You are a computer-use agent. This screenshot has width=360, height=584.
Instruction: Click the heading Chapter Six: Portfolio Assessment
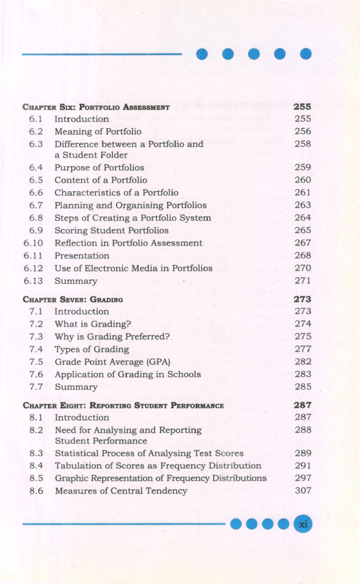(96, 107)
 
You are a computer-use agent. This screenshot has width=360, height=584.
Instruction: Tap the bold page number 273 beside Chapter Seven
(302, 299)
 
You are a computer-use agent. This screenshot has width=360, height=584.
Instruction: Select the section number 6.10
(33, 243)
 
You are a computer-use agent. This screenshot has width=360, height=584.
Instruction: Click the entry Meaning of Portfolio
(98, 131)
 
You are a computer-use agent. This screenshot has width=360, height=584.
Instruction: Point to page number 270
(303, 268)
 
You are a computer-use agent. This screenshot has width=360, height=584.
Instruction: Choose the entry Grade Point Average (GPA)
(112, 362)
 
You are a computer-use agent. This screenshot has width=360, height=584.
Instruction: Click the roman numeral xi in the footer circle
(303, 524)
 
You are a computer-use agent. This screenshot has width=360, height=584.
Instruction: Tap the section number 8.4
(36, 466)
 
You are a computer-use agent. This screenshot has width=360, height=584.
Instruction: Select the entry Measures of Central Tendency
(121, 491)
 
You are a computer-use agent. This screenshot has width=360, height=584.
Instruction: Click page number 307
(303, 490)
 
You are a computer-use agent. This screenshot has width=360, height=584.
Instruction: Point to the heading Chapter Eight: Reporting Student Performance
(123, 406)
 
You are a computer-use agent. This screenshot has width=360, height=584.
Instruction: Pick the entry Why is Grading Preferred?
(112, 337)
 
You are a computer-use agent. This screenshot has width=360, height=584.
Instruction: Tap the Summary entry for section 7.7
(76, 387)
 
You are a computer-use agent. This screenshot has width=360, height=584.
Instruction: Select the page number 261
(303, 192)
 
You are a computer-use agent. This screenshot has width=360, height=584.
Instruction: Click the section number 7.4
(36, 349)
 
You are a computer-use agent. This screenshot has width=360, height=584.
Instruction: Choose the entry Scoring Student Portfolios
(111, 230)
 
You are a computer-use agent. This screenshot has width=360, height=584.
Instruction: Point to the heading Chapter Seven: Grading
(73, 300)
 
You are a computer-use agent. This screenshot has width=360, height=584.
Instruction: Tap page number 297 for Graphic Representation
(303, 478)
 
